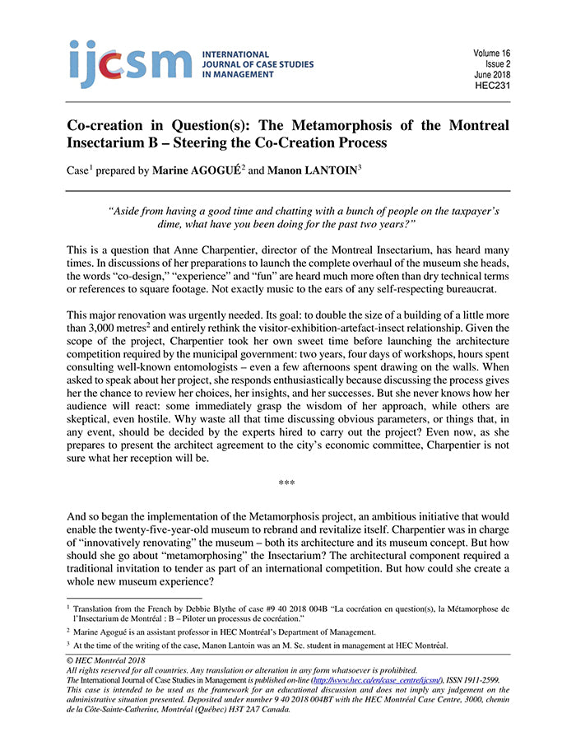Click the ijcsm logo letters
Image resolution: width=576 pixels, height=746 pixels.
point(131,63)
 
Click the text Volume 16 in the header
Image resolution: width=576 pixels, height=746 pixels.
point(490,53)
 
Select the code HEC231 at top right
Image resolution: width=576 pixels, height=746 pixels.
point(492,85)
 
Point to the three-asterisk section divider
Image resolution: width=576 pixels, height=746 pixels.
point(287,483)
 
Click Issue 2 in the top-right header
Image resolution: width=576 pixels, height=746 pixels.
point(495,63)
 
